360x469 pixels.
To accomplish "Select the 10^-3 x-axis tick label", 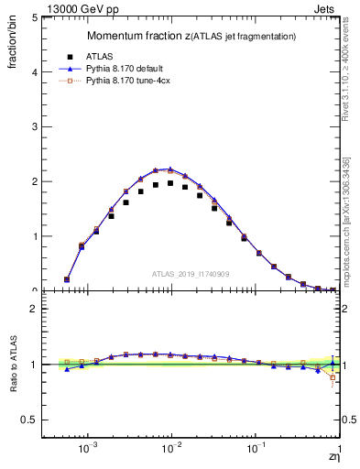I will (x=88, y=451).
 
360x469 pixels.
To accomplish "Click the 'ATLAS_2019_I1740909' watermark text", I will (x=191, y=274).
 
